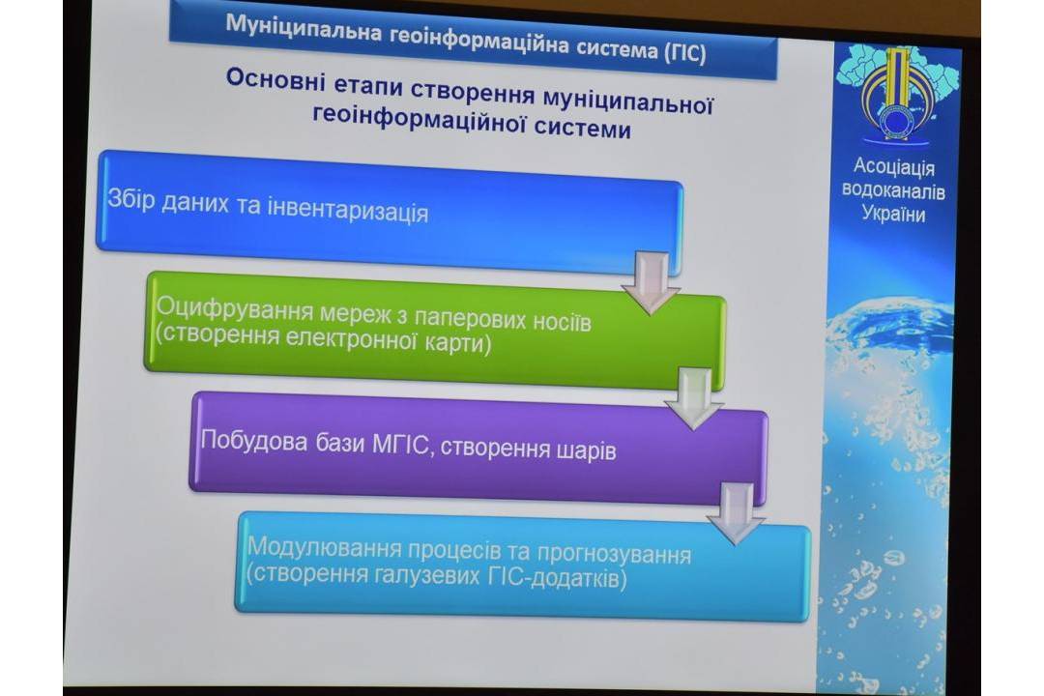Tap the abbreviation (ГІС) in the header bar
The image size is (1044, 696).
[x=684, y=52]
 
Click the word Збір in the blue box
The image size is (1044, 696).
[x=131, y=199]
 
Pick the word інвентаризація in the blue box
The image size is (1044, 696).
[x=348, y=212]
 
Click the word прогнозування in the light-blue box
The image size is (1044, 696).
[x=614, y=555]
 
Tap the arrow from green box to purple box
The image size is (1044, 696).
[x=694, y=399]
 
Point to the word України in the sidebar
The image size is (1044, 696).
[x=893, y=214]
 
